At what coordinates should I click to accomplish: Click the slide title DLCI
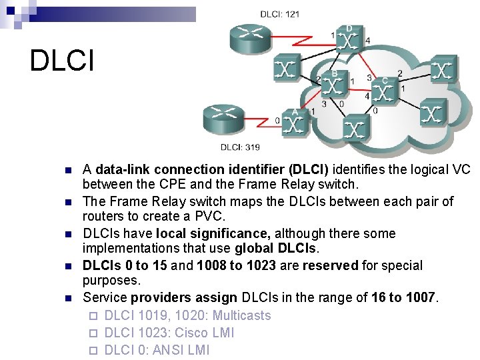[x=62, y=61]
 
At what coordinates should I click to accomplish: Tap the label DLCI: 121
[x=279, y=14]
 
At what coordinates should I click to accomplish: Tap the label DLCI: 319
[x=241, y=147]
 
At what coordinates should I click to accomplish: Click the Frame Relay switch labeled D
[x=349, y=42]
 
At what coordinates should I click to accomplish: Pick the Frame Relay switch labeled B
[x=335, y=86]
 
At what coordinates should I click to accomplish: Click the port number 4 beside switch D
[x=368, y=41]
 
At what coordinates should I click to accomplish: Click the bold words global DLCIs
[x=277, y=249]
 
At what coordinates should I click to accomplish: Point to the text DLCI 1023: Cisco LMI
[x=169, y=333]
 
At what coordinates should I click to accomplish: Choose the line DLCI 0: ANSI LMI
[x=157, y=350]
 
